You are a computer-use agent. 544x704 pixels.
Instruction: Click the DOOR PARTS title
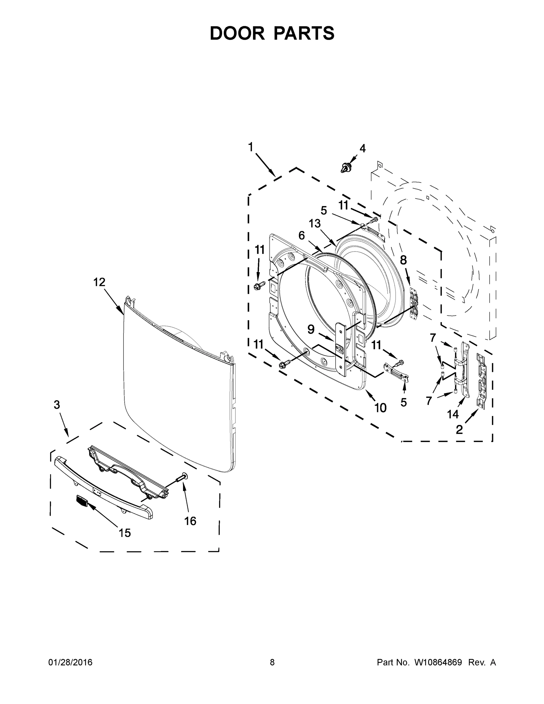[272, 33]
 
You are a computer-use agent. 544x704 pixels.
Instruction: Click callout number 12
[99, 282]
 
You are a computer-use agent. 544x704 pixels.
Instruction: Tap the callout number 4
[362, 149]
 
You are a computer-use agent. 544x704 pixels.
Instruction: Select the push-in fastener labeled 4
[346, 168]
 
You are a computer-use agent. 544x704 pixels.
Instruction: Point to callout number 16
[190, 521]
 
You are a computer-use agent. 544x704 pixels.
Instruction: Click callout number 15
[125, 533]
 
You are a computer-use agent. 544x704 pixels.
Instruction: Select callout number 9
[311, 329]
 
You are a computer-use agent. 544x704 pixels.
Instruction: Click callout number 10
[380, 408]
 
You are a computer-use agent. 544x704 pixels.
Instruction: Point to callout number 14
[453, 414]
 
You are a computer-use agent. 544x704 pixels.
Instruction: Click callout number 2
[459, 429]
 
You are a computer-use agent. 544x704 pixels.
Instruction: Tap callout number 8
[403, 260]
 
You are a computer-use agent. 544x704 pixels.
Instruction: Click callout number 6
[301, 236]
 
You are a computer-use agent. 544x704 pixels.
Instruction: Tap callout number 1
[250, 147]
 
